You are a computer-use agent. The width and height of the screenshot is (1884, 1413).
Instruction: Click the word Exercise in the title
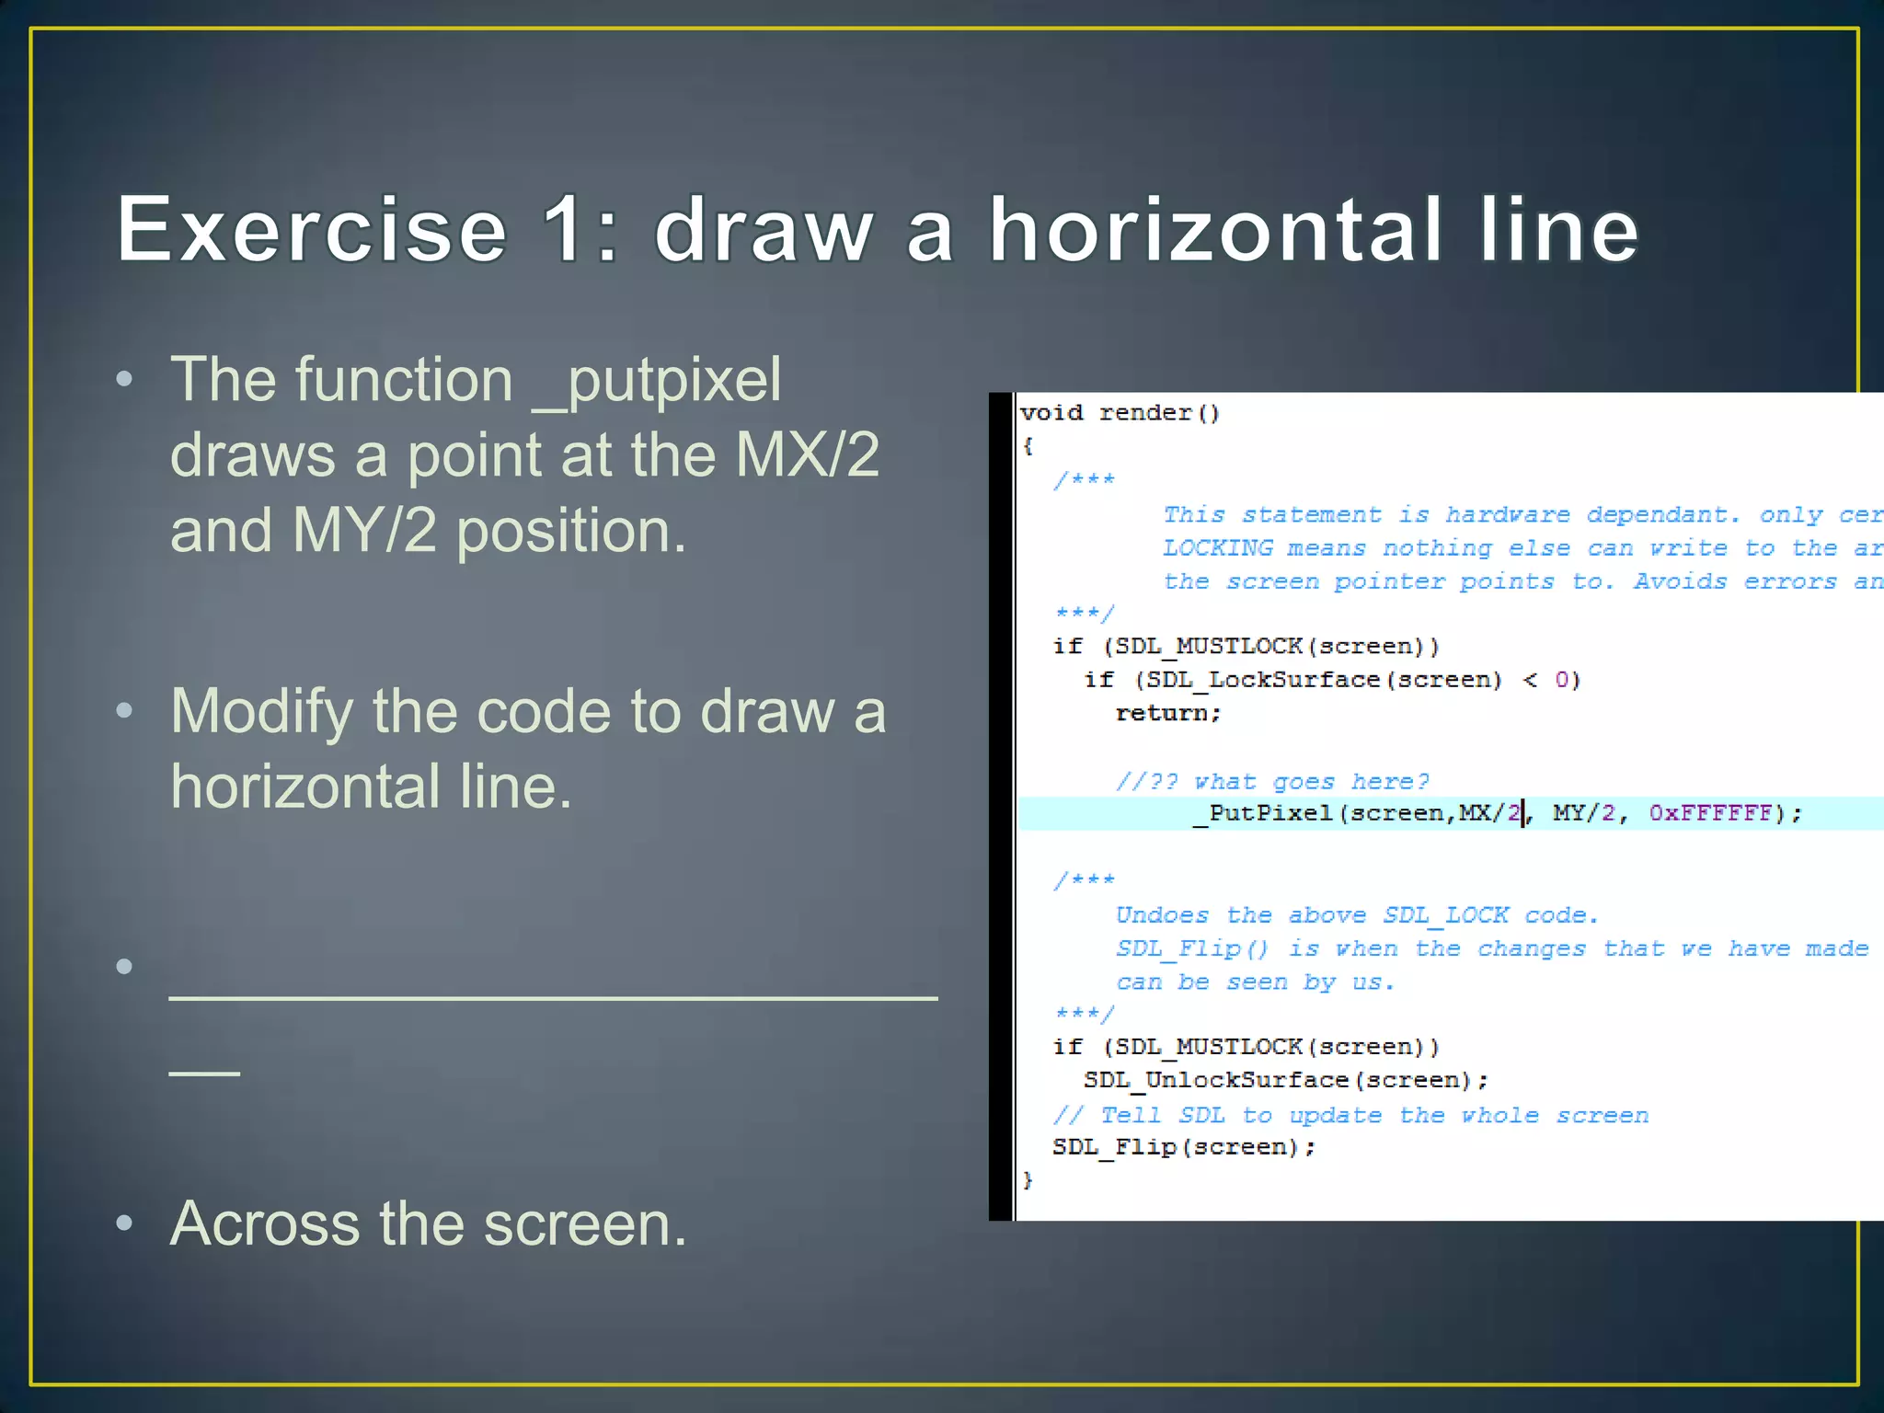coord(311,229)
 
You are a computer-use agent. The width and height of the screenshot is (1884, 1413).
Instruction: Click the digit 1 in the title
coord(563,229)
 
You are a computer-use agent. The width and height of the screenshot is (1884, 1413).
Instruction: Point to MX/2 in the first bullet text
coord(807,454)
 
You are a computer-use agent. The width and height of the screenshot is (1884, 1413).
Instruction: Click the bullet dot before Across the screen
coord(125,1223)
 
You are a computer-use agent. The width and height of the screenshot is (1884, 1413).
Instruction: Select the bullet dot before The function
coord(125,380)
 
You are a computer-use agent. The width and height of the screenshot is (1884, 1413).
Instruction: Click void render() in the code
coord(1120,413)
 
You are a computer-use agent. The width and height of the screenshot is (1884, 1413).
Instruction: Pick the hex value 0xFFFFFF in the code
coord(1710,813)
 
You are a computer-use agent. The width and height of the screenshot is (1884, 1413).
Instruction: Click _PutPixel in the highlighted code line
coord(1261,813)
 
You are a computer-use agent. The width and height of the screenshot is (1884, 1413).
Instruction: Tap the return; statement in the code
coord(1167,713)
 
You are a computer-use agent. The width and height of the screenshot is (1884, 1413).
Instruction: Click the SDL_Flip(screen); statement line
coord(1184,1147)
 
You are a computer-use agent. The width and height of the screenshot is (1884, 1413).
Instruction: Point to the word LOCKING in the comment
coord(1218,548)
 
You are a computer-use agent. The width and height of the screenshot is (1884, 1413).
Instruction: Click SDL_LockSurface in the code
coord(1262,680)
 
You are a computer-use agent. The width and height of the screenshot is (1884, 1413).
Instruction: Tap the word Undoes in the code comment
coord(1161,915)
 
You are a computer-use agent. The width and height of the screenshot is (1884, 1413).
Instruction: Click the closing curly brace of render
coord(1028,1180)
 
